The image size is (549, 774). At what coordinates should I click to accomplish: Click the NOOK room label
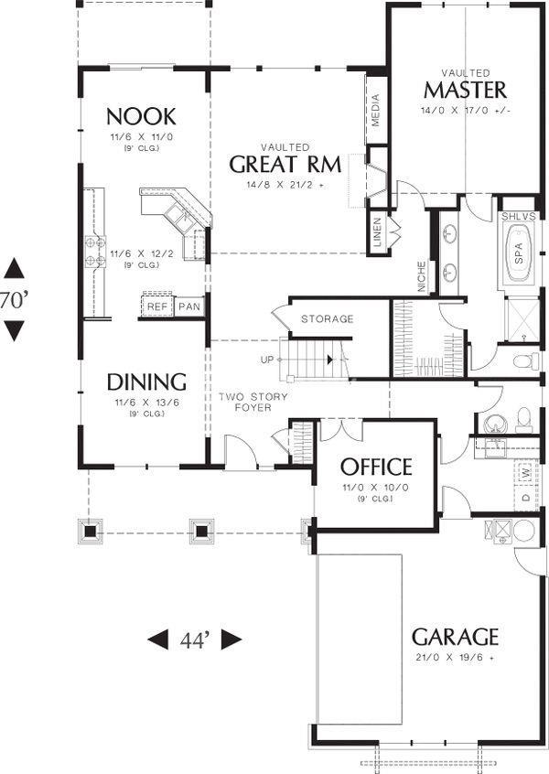pos(141,117)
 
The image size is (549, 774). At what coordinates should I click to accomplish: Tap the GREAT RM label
pos(285,165)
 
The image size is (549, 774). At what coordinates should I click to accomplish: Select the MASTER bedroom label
pos(465,91)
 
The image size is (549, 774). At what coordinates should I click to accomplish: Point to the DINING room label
pos(146,382)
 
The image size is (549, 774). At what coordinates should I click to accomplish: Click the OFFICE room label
pos(376,467)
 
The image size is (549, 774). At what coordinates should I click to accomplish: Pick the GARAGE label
pos(455,637)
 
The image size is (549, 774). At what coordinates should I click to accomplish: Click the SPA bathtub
pos(518,253)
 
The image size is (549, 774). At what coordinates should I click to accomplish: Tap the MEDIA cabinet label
pos(376,110)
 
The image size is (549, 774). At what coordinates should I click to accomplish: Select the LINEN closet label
pos(378,232)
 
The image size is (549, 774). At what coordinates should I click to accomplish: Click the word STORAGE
pos(328,319)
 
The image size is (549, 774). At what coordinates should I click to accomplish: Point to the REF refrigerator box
pos(157,306)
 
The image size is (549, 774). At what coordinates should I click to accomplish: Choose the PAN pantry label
pos(189,306)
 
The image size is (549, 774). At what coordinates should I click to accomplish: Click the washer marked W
pos(525,472)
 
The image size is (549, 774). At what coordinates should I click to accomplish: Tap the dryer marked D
pos(526,497)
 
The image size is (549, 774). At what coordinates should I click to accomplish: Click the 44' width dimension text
pos(196,640)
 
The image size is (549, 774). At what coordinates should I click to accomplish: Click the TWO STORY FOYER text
pos(253,402)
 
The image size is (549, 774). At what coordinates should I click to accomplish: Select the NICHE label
pos(421,277)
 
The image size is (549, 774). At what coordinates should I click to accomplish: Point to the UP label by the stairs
pos(266,360)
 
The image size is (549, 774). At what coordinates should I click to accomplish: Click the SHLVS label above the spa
pos(519,216)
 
